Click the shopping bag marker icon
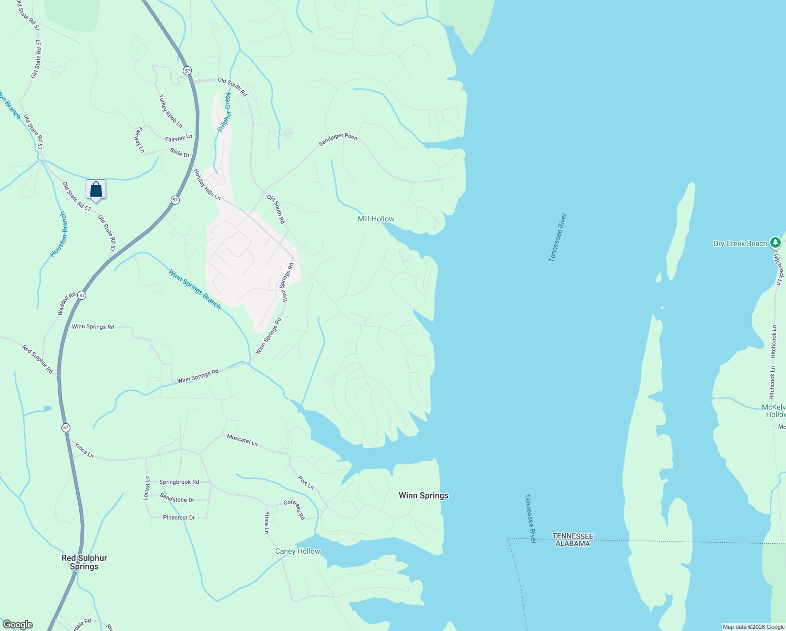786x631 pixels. click(96, 189)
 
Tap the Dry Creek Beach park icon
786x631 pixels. click(775, 243)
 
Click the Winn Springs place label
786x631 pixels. click(423, 495)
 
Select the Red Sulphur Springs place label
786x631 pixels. click(84, 562)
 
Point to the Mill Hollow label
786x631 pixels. click(376, 219)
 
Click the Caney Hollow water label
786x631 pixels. click(297, 551)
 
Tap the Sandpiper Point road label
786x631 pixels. click(338, 139)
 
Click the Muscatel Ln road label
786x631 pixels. click(242, 440)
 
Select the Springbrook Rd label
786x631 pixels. click(179, 482)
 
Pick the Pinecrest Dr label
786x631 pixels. click(179, 517)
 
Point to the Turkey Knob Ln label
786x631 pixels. click(171, 111)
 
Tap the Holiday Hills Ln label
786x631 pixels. click(207, 184)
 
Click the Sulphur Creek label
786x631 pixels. click(224, 112)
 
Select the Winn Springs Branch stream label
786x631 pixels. click(195, 289)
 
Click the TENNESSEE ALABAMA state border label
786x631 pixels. click(573, 540)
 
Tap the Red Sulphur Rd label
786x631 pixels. click(38, 359)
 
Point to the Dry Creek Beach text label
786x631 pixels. click(740, 243)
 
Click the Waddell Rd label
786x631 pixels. click(67, 304)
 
